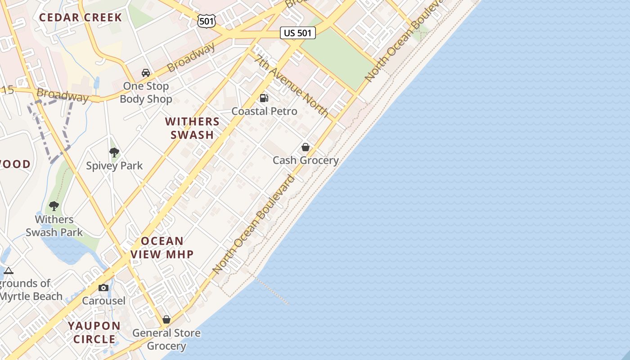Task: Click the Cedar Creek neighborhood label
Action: click(80, 18)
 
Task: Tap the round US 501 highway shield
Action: click(206, 20)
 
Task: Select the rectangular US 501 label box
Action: click(298, 32)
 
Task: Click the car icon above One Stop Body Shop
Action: click(146, 72)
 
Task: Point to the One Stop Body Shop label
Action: click(146, 92)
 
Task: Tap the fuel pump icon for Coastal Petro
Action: click(264, 98)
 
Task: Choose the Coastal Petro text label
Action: click(264, 111)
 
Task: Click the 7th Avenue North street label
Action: click(291, 86)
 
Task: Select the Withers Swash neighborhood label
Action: click(192, 128)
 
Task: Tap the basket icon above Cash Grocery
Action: click(306, 147)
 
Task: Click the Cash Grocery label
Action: click(306, 160)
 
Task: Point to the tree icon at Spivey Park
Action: click(114, 153)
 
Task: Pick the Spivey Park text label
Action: click(114, 166)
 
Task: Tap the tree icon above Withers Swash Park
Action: click(54, 206)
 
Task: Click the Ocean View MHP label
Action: click(162, 247)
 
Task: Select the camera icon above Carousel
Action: click(103, 288)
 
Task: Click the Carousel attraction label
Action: click(103, 301)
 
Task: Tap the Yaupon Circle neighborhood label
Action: click(94, 332)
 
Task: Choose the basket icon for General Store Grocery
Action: click(166, 319)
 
